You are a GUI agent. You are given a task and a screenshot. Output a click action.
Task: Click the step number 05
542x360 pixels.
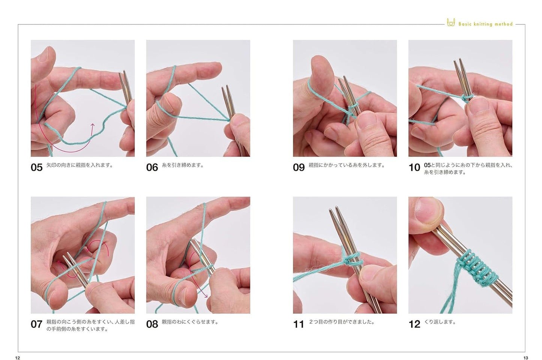pos(36,167)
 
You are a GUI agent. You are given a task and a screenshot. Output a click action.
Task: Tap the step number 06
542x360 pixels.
pos(152,167)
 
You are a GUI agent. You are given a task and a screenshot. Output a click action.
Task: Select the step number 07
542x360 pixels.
pos(36,324)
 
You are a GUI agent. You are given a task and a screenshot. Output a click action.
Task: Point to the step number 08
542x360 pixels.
pos(152,324)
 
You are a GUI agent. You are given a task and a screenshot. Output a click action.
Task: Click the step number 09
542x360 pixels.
pos(299,167)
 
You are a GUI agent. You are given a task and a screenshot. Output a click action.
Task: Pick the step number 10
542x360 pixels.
pos(414,167)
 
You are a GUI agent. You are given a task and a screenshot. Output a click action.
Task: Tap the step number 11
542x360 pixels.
pos(299,324)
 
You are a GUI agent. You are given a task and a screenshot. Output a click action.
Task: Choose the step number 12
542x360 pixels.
pos(414,324)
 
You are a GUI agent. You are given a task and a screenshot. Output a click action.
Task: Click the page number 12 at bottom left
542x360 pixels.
pos(17,358)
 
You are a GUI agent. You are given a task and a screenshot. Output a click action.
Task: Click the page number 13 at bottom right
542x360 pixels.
pos(525,358)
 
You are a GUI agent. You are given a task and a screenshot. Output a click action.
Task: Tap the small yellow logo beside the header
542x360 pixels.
pos(450,22)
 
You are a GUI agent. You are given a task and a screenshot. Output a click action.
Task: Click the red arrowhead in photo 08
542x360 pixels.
pos(206,296)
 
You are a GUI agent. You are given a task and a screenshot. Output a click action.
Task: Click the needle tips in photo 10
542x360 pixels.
pos(458,63)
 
